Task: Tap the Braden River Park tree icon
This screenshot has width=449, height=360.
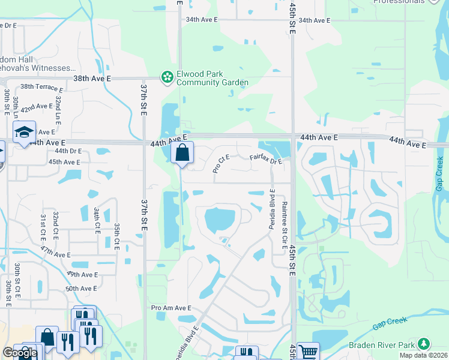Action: pos(424,344)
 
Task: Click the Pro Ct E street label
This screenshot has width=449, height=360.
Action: pos(221,163)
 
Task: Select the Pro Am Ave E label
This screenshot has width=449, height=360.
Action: pos(171,308)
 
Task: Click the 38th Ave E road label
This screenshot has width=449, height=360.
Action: pos(92,79)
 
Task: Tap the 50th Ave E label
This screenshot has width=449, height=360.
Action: pos(82,289)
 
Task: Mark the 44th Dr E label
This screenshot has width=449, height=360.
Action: pos(68,151)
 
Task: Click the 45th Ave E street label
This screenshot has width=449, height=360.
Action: pos(64,162)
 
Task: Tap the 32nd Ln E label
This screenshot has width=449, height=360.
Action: pos(58,106)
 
